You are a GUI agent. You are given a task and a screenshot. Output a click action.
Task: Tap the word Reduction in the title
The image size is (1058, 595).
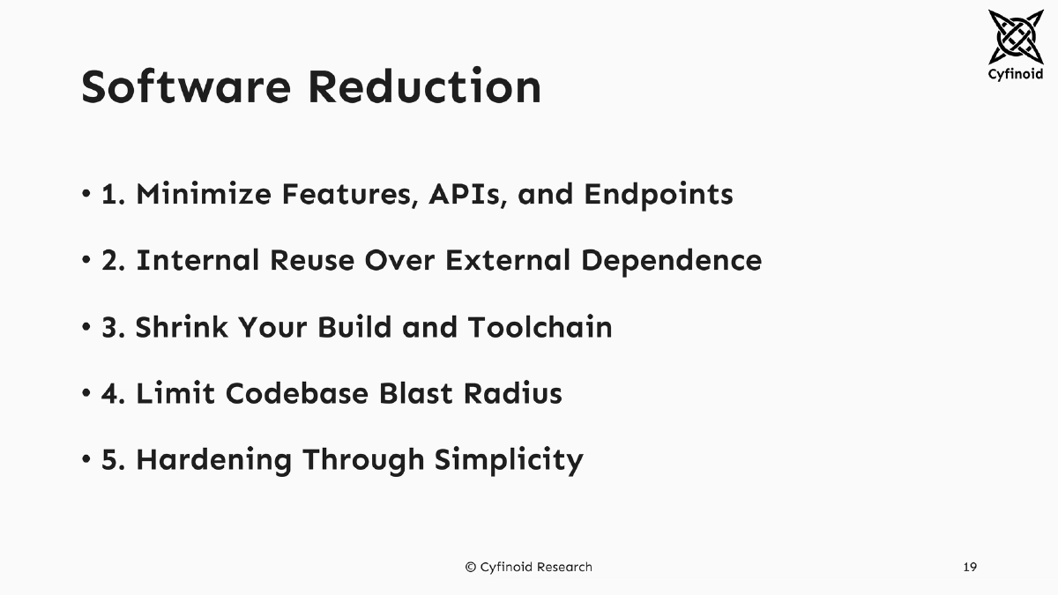tap(424, 87)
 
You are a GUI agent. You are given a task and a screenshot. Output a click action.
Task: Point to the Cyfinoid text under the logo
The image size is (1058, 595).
tap(1016, 74)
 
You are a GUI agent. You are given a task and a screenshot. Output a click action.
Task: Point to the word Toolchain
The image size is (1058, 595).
tap(540, 327)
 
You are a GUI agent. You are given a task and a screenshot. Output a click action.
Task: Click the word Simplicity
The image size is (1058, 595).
tap(509, 460)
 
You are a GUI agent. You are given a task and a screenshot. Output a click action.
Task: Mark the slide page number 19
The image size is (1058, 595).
tap(970, 567)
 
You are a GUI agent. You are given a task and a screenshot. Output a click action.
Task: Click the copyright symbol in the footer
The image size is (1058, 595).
tap(471, 567)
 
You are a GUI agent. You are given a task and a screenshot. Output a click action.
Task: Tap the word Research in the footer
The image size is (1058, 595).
tap(562, 567)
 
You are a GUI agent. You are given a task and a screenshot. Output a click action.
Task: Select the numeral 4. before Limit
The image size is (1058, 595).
tap(114, 393)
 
